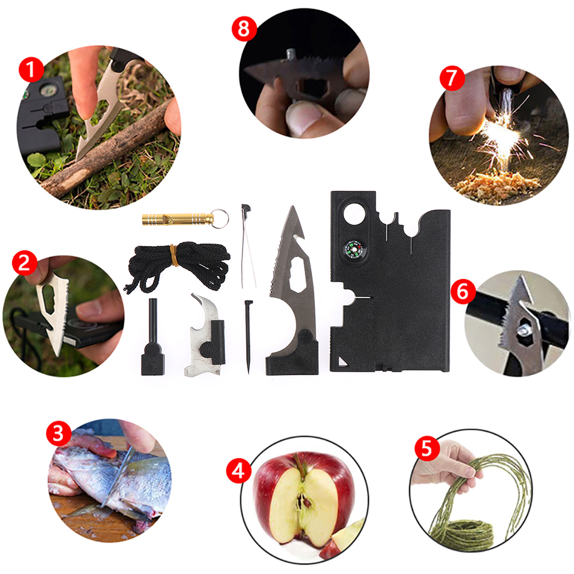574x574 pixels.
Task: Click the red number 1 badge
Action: pos(31,70)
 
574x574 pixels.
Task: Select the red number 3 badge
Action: pos(58,434)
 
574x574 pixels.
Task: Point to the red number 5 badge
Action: pos(427,449)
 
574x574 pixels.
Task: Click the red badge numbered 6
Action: pos(463,292)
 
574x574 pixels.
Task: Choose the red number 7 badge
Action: pos(452,78)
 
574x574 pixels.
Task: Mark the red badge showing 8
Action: pos(244,29)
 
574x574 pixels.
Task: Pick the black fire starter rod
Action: pos(152,337)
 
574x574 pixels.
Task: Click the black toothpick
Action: pos(249,337)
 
